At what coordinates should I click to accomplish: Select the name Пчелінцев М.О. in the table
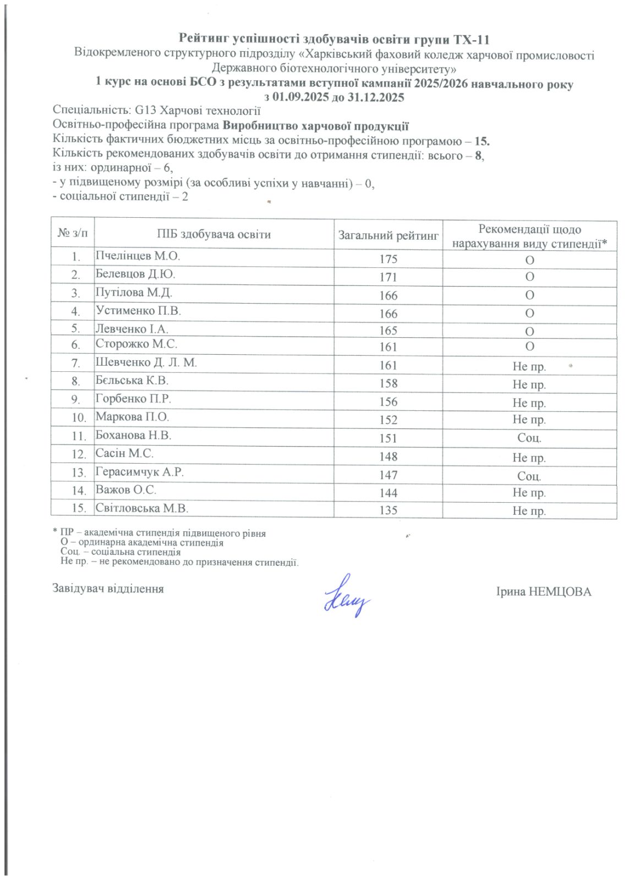(x=138, y=256)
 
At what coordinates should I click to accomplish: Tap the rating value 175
(x=388, y=259)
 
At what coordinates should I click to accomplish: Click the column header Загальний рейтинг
(x=388, y=235)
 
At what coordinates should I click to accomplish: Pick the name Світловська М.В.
(x=142, y=508)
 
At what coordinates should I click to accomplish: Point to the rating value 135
(x=388, y=510)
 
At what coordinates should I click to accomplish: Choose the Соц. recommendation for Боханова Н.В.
(x=529, y=438)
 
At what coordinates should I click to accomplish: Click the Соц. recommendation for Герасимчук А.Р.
(x=529, y=476)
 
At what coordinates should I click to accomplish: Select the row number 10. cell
(x=79, y=417)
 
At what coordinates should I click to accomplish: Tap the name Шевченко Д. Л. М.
(x=146, y=362)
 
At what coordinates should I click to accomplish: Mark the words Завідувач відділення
(x=108, y=588)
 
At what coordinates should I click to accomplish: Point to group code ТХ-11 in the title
(x=471, y=40)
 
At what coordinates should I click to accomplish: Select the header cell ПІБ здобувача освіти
(x=214, y=235)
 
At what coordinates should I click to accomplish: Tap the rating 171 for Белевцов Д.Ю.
(x=388, y=277)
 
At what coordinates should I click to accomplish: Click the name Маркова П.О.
(x=132, y=417)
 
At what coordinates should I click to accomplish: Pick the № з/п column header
(x=72, y=234)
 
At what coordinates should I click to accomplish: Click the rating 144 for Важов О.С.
(x=388, y=493)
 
